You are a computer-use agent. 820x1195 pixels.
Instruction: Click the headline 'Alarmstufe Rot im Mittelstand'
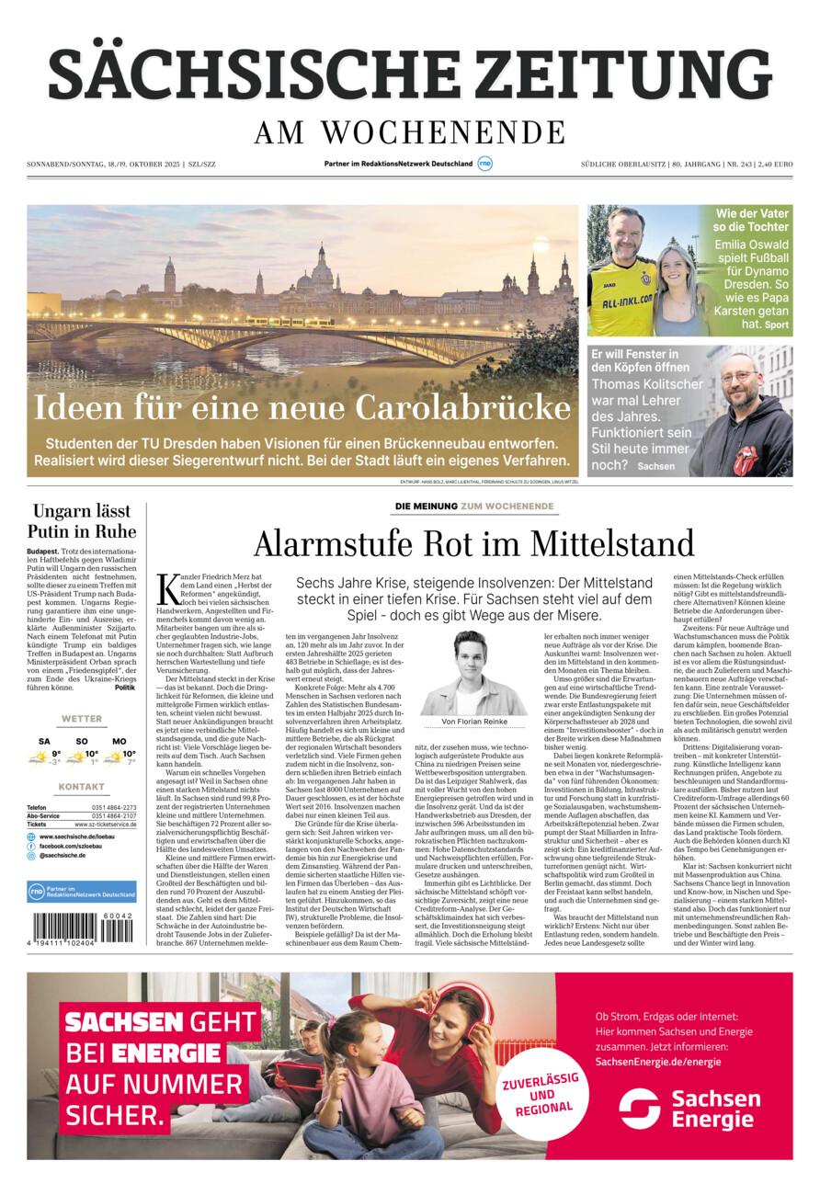point(473,543)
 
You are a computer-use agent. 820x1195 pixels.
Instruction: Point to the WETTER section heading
point(81,719)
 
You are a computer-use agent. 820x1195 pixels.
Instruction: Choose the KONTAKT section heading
point(81,787)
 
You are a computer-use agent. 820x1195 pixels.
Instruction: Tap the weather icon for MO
point(115,757)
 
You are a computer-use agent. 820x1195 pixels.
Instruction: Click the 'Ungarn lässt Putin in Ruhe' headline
point(81,521)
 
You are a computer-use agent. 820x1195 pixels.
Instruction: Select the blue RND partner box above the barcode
point(81,891)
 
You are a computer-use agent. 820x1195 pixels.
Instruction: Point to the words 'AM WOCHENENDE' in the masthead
point(410,133)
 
